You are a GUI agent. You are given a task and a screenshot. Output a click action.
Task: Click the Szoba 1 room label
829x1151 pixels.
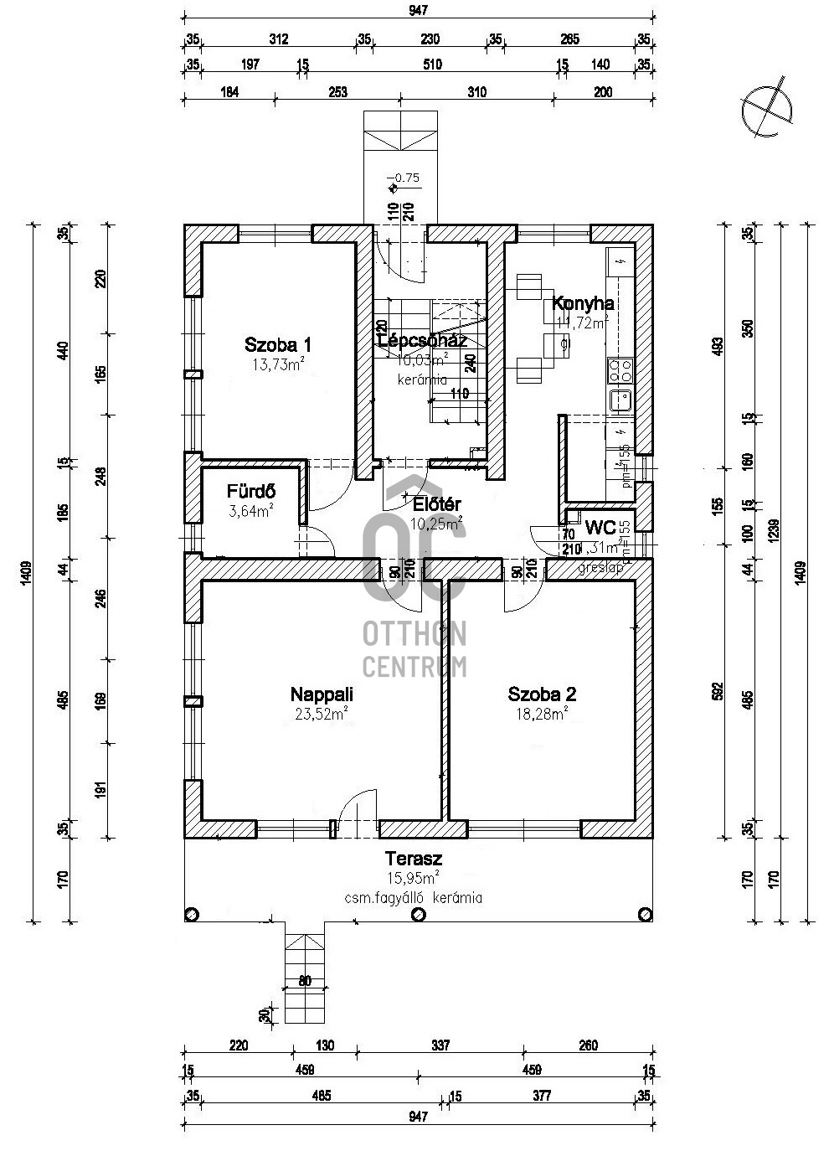pyautogui.click(x=278, y=344)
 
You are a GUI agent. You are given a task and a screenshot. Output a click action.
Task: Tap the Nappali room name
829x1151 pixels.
pyautogui.click(x=322, y=694)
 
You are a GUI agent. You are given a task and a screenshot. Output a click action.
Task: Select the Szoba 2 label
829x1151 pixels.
pyautogui.click(x=542, y=694)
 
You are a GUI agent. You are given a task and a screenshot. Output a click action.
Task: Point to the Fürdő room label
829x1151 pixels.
pyautogui.click(x=251, y=493)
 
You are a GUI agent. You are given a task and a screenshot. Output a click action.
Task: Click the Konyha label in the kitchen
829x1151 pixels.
pyautogui.click(x=584, y=304)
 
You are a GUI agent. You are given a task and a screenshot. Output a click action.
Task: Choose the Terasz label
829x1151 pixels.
pyautogui.click(x=414, y=859)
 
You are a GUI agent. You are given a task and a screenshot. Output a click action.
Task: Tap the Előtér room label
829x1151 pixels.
pyautogui.click(x=438, y=504)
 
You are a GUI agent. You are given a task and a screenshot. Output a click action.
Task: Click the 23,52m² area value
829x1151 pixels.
pyautogui.click(x=322, y=714)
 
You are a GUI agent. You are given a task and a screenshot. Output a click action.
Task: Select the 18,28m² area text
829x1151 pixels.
pyautogui.click(x=542, y=714)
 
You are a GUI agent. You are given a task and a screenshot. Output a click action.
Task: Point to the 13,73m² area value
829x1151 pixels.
pyautogui.click(x=277, y=364)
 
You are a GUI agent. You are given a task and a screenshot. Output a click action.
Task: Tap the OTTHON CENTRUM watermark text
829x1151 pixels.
pyautogui.click(x=414, y=650)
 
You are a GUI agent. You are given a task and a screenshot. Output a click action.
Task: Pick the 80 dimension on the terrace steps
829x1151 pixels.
pyautogui.click(x=305, y=981)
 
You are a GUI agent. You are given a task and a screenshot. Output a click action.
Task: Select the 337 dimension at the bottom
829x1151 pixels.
pyautogui.click(x=440, y=1045)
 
